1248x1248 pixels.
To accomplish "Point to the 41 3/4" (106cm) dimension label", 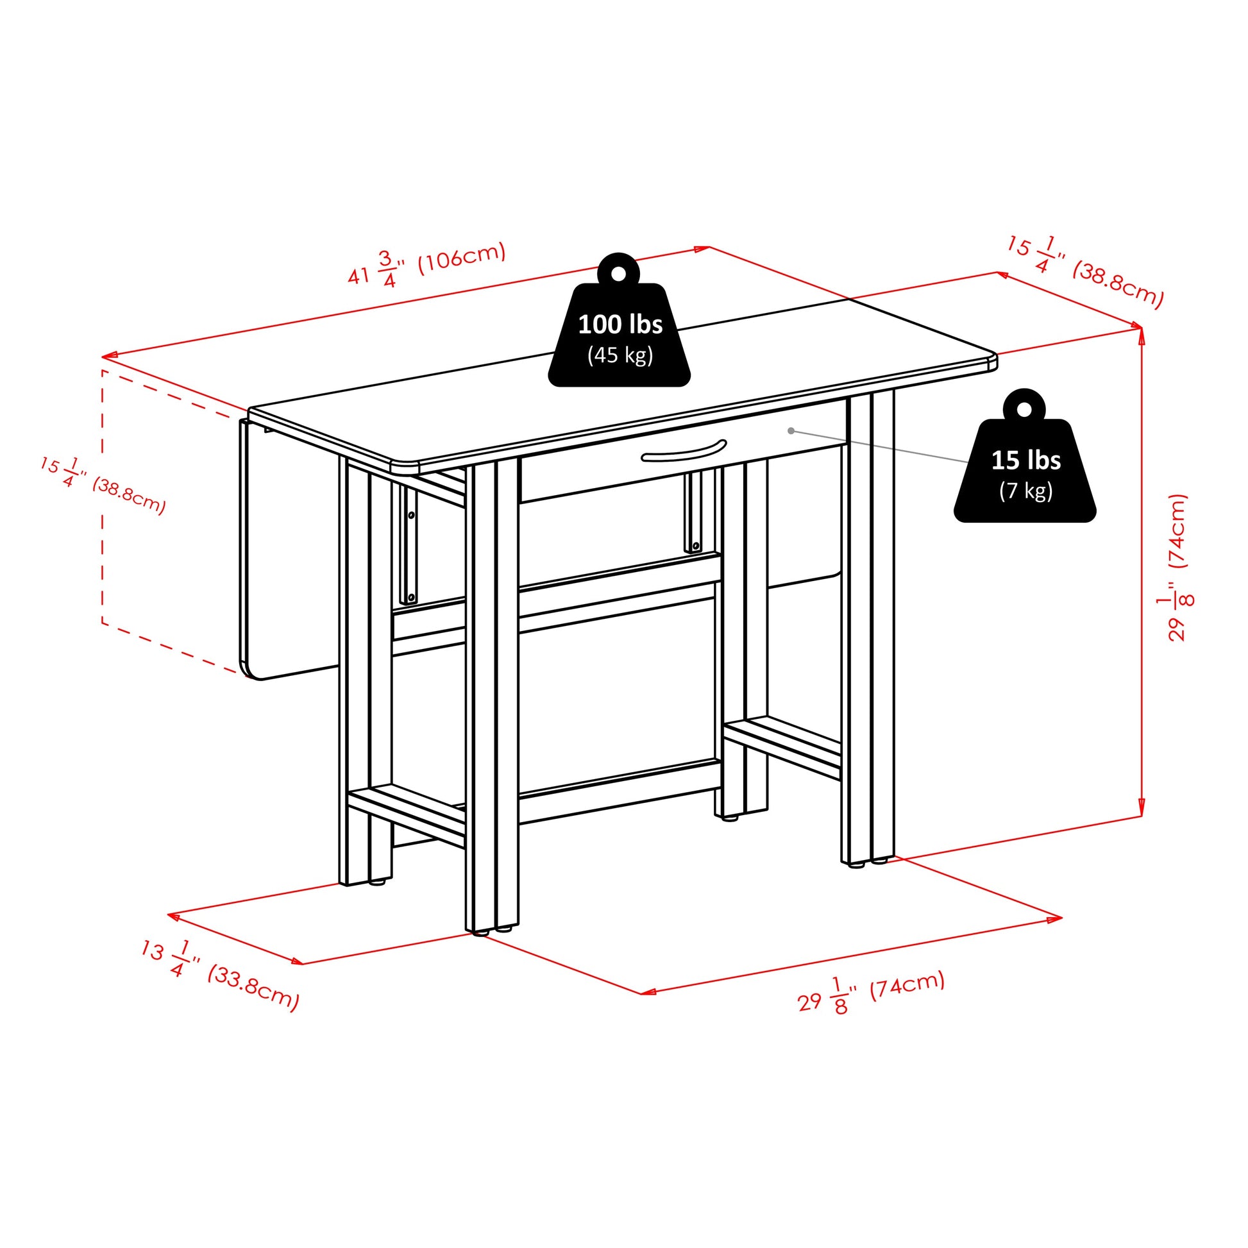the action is click(x=426, y=264).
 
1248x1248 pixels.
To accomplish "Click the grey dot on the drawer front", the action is click(x=791, y=431).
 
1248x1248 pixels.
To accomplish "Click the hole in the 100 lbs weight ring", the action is click(x=618, y=273).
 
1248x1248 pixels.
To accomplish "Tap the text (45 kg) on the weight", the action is click(x=620, y=355).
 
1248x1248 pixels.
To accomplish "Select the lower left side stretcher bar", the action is click(x=407, y=814).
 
